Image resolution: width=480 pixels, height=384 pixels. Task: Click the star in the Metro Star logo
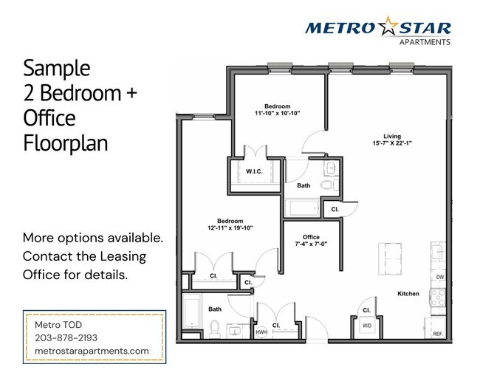tap(388, 28)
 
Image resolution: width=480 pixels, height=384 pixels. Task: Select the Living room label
tap(391, 136)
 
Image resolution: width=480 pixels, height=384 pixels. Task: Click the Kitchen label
tap(408, 294)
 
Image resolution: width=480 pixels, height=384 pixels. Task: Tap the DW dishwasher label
tap(439, 277)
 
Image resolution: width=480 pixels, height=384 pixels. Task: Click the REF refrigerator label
tap(438, 334)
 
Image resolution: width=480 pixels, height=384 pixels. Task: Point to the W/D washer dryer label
tap(367, 326)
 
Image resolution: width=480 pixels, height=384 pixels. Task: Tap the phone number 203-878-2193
tap(66, 337)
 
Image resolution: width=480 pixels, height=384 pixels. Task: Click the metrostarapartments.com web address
tap(92, 351)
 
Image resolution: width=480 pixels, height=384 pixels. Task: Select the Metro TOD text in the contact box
tap(60, 325)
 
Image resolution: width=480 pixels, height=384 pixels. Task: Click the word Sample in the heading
tap(56, 69)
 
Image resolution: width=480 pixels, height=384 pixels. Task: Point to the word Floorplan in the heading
tap(65, 142)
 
